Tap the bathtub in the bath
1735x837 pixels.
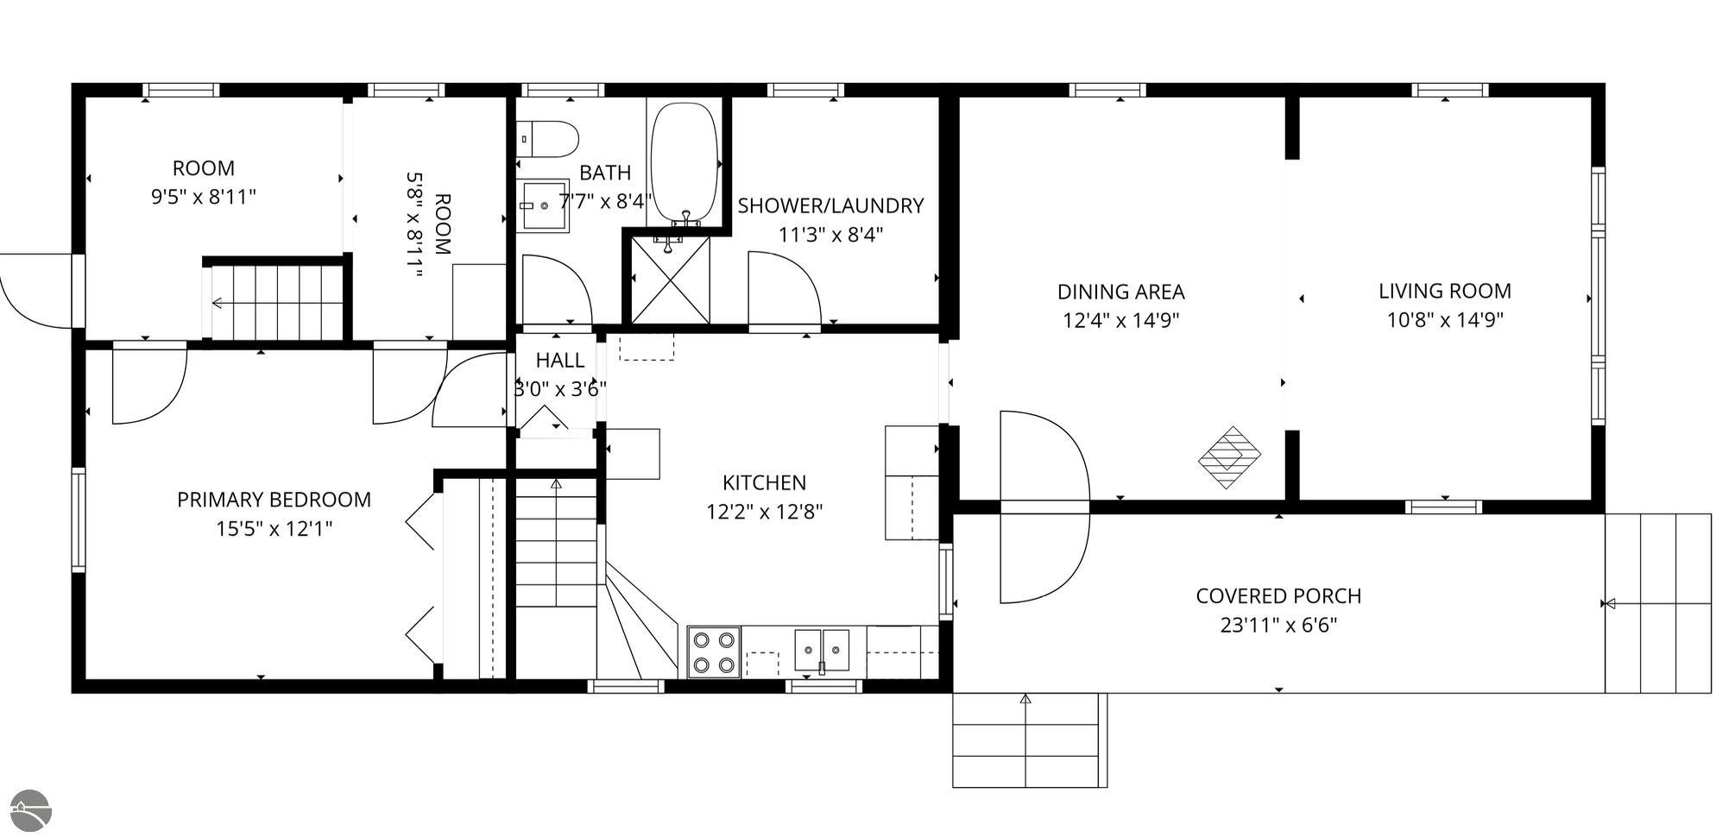click(684, 163)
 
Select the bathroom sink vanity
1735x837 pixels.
click(542, 205)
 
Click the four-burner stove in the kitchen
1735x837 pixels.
click(714, 651)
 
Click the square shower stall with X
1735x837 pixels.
click(671, 280)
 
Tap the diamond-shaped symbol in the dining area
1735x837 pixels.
click(1230, 457)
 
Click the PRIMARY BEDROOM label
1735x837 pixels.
click(274, 500)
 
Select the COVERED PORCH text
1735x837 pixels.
click(1278, 596)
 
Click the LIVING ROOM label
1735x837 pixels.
click(1445, 291)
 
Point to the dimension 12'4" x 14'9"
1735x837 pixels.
click(1120, 320)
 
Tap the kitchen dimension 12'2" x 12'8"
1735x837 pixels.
click(765, 512)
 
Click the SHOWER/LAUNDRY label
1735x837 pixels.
click(830, 205)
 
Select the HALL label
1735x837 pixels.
click(560, 360)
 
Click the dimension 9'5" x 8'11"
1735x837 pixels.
click(204, 197)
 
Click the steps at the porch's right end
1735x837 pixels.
click(1657, 603)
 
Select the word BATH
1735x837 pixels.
click(605, 173)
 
